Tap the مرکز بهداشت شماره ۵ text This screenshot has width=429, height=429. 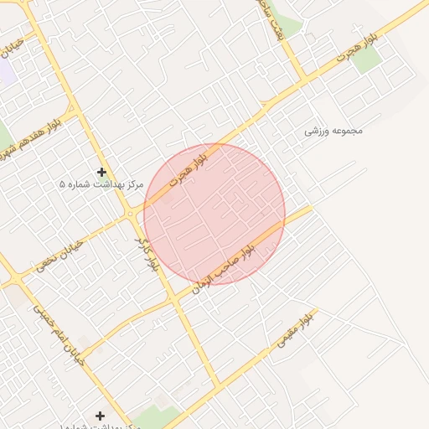101,183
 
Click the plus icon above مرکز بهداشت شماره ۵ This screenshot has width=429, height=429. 101,172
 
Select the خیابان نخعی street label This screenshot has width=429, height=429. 57,253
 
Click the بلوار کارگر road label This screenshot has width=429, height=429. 147,253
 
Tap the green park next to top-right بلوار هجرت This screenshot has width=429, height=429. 368,58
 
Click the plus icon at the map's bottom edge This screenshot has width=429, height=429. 101,416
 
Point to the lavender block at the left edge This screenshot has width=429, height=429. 7,70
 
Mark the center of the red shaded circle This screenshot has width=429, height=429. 214,214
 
